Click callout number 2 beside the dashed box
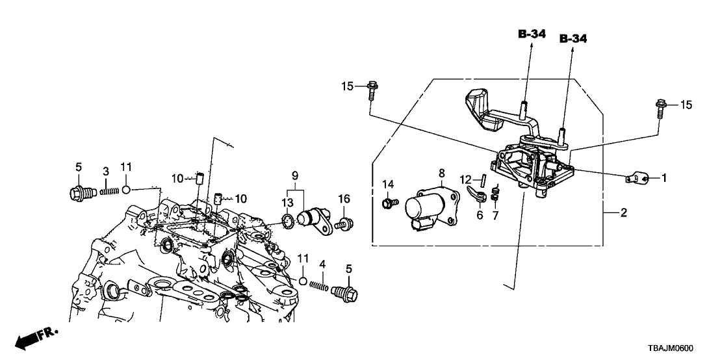623,212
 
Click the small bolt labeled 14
390,204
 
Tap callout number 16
344,198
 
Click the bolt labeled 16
344,225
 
